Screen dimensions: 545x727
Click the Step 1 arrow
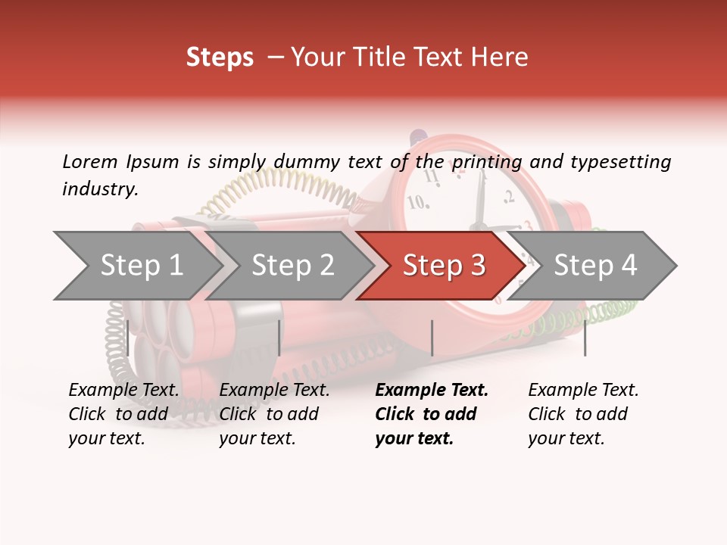136,265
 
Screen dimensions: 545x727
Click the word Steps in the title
220,57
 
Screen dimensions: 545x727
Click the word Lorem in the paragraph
90,161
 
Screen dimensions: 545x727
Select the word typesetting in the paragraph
620,161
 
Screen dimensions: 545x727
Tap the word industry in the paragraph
99,189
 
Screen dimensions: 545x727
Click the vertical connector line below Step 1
128,338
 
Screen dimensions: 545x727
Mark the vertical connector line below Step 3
432,338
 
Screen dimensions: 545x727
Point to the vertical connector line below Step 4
585,338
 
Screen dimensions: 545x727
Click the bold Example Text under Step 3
432,390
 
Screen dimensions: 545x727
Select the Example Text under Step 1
123,390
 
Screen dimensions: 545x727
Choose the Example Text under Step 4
583,390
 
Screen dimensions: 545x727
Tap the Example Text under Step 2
274,390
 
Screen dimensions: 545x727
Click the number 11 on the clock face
432,176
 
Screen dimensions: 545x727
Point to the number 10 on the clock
417,203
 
